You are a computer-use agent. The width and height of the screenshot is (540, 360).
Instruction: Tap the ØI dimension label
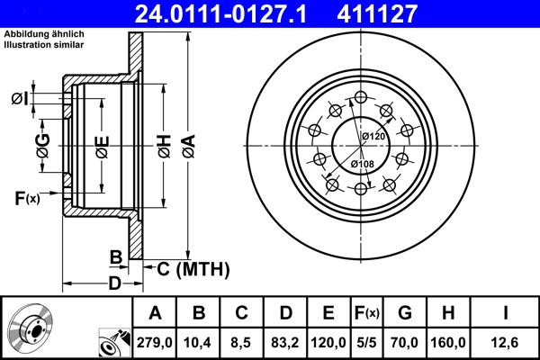20,97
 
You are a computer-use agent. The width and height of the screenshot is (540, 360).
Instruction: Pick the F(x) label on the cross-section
27,197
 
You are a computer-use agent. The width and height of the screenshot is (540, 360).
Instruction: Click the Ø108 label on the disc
363,163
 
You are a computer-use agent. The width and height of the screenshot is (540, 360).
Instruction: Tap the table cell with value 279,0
156,339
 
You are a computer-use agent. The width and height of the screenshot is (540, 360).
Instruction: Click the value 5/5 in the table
366,339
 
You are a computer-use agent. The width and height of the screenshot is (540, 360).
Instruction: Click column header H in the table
447,312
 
